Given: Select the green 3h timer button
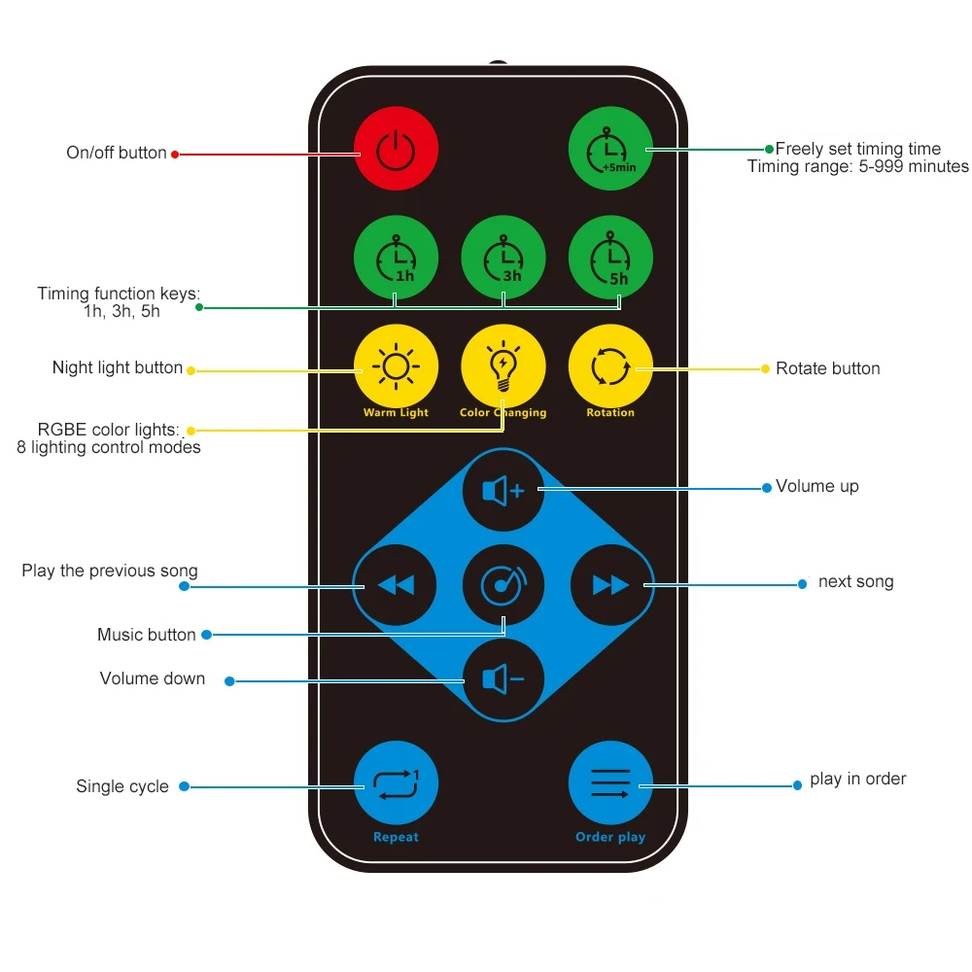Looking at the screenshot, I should (503, 257).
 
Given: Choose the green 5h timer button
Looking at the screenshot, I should (610, 257).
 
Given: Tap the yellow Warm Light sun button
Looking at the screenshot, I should (396, 366).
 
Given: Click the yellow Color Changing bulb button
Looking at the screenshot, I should (503, 366).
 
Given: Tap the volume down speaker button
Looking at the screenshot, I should (503, 679).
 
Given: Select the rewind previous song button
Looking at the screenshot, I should (396, 585).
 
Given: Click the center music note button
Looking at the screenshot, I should (503, 585).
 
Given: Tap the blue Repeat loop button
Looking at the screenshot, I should (396, 782).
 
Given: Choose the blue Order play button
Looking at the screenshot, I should (610, 782).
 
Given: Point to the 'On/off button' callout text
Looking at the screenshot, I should (117, 153).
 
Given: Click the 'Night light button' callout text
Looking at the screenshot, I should (118, 367).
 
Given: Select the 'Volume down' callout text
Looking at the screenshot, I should (153, 678).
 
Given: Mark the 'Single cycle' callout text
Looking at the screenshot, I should (122, 786).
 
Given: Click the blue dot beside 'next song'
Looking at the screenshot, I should (802, 584).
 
